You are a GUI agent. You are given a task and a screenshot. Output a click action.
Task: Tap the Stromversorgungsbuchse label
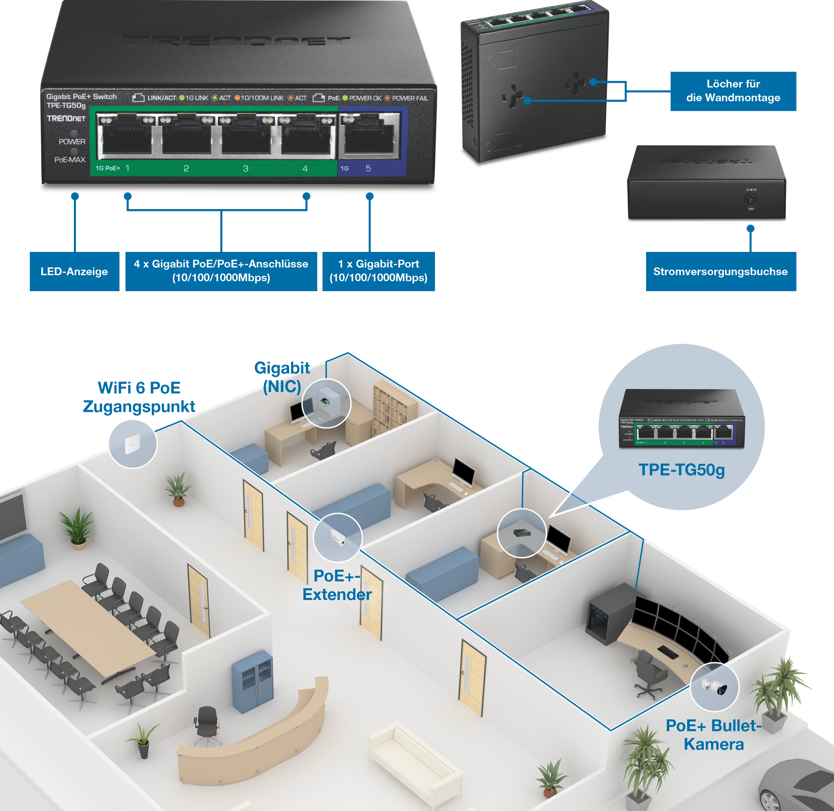click(x=720, y=272)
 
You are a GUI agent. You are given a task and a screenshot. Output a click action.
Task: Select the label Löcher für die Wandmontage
click(x=733, y=91)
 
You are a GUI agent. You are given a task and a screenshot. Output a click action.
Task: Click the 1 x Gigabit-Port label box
click(x=378, y=271)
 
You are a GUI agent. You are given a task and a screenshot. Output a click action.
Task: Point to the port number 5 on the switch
click(x=368, y=169)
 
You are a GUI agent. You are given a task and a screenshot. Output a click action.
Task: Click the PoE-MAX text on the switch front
click(x=70, y=160)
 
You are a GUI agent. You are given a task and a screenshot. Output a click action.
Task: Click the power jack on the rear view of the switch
click(x=751, y=199)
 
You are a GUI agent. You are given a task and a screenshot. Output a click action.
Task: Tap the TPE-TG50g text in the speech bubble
click(x=682, y=470)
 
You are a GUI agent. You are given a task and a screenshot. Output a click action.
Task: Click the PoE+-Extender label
click(x=337, y=585)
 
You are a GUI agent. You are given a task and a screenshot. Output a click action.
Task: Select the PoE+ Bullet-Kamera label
click(x=714, y=735)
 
